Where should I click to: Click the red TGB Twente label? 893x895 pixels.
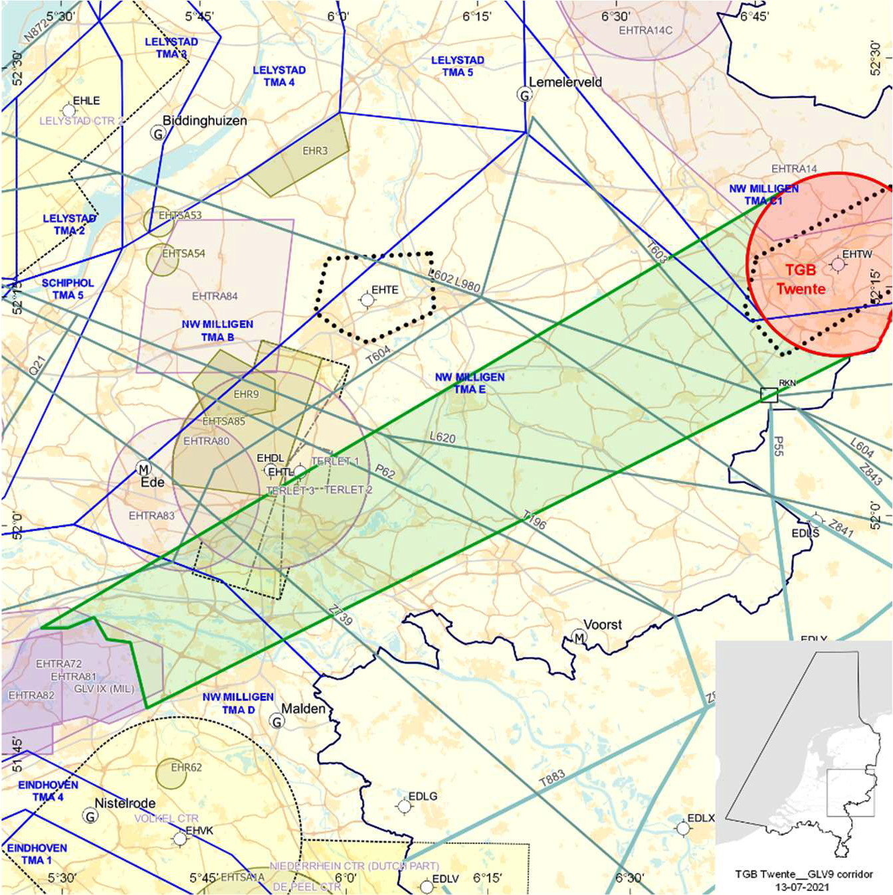[x=801, y=280]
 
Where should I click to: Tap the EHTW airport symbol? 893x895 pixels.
[x=838, y=265]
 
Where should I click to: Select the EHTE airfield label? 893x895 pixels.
[x=385, y=290]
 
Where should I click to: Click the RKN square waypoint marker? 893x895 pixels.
[x=769, y=395]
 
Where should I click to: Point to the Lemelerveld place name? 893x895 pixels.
[x=565, y=82]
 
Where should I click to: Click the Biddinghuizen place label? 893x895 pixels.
[x=205, y=121]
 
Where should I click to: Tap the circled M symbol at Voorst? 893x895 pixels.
[x=579, y=639]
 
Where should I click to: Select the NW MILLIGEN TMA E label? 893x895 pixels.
[x=470, y=383]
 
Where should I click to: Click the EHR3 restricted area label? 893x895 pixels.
[x=315, y=151]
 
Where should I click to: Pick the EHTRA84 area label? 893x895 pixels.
[x=215, y=296]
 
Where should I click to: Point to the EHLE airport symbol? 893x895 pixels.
[x=68, y=110]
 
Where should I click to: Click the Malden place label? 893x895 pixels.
[x=304, y=709]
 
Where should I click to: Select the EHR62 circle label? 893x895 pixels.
[x=186, y=768]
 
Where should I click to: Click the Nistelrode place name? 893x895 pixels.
[x=125, y=803]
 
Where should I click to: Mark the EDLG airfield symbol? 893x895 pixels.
[x=403, y=806]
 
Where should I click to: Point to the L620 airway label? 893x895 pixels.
[x=443, y=438]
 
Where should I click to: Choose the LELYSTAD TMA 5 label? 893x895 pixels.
[x=457, y=66]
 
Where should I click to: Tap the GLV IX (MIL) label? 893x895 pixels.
[x=104, y=689]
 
